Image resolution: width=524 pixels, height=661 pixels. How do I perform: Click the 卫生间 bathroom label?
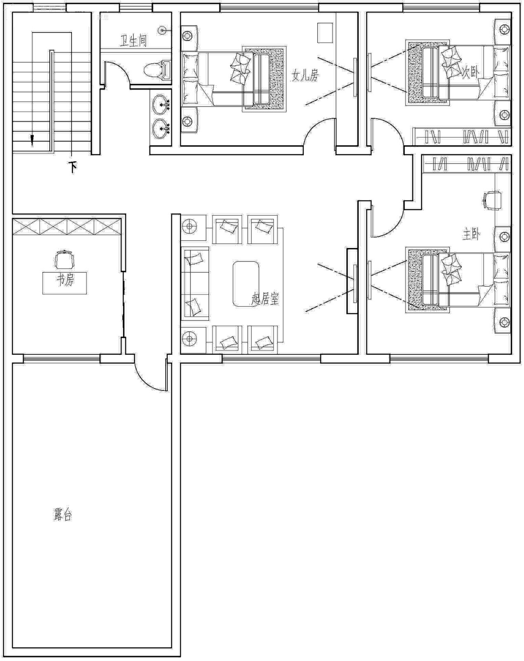(133, 41)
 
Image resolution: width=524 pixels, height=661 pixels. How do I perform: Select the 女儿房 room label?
(305, 75)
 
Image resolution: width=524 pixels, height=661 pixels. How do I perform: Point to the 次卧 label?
(471, 73)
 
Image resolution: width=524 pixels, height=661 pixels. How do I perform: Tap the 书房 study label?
(65, 280)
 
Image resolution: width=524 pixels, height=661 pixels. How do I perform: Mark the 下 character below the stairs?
(73, 168)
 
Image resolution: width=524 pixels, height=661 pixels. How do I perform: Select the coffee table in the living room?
(246, 284)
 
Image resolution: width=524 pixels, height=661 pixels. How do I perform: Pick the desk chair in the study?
(65, 259)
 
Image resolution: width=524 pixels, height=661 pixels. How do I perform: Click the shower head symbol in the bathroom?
(163, 30)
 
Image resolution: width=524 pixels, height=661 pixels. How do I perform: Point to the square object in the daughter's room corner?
(326, 33)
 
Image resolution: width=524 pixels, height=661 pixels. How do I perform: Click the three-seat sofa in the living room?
(195, 283)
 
